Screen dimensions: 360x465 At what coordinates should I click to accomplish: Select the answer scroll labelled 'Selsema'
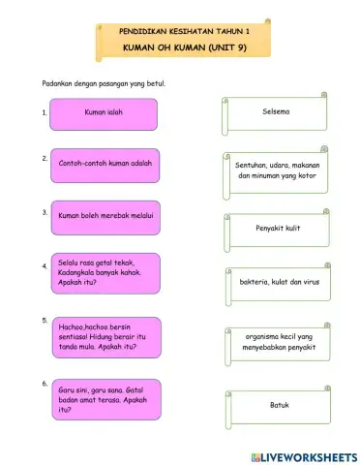[x=277, y=112]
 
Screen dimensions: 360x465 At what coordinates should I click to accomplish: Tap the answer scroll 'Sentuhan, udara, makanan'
[x=278, y=171]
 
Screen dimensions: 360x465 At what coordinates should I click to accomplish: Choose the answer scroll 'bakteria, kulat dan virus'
[x=278, y=283]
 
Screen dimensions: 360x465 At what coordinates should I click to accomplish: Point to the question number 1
[x=45, y=113]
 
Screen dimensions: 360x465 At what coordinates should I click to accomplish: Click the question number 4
[x=45, y=265]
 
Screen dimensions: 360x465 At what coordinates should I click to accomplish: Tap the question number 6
[x=45, y=384]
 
